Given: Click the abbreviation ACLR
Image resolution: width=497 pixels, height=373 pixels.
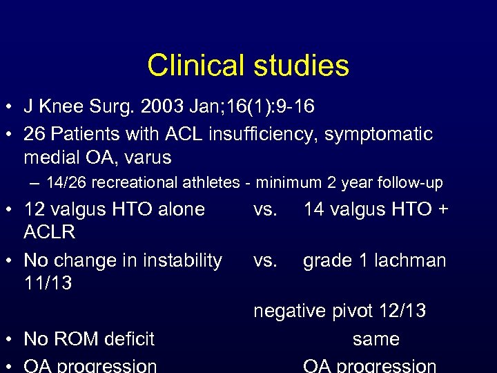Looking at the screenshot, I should [50, 232].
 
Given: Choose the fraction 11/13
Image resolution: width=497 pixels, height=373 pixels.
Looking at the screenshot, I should [48, 283].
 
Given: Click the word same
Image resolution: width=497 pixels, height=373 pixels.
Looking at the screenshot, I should [376, 339].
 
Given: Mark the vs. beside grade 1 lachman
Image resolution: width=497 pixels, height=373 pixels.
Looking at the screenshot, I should [266, 260].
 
